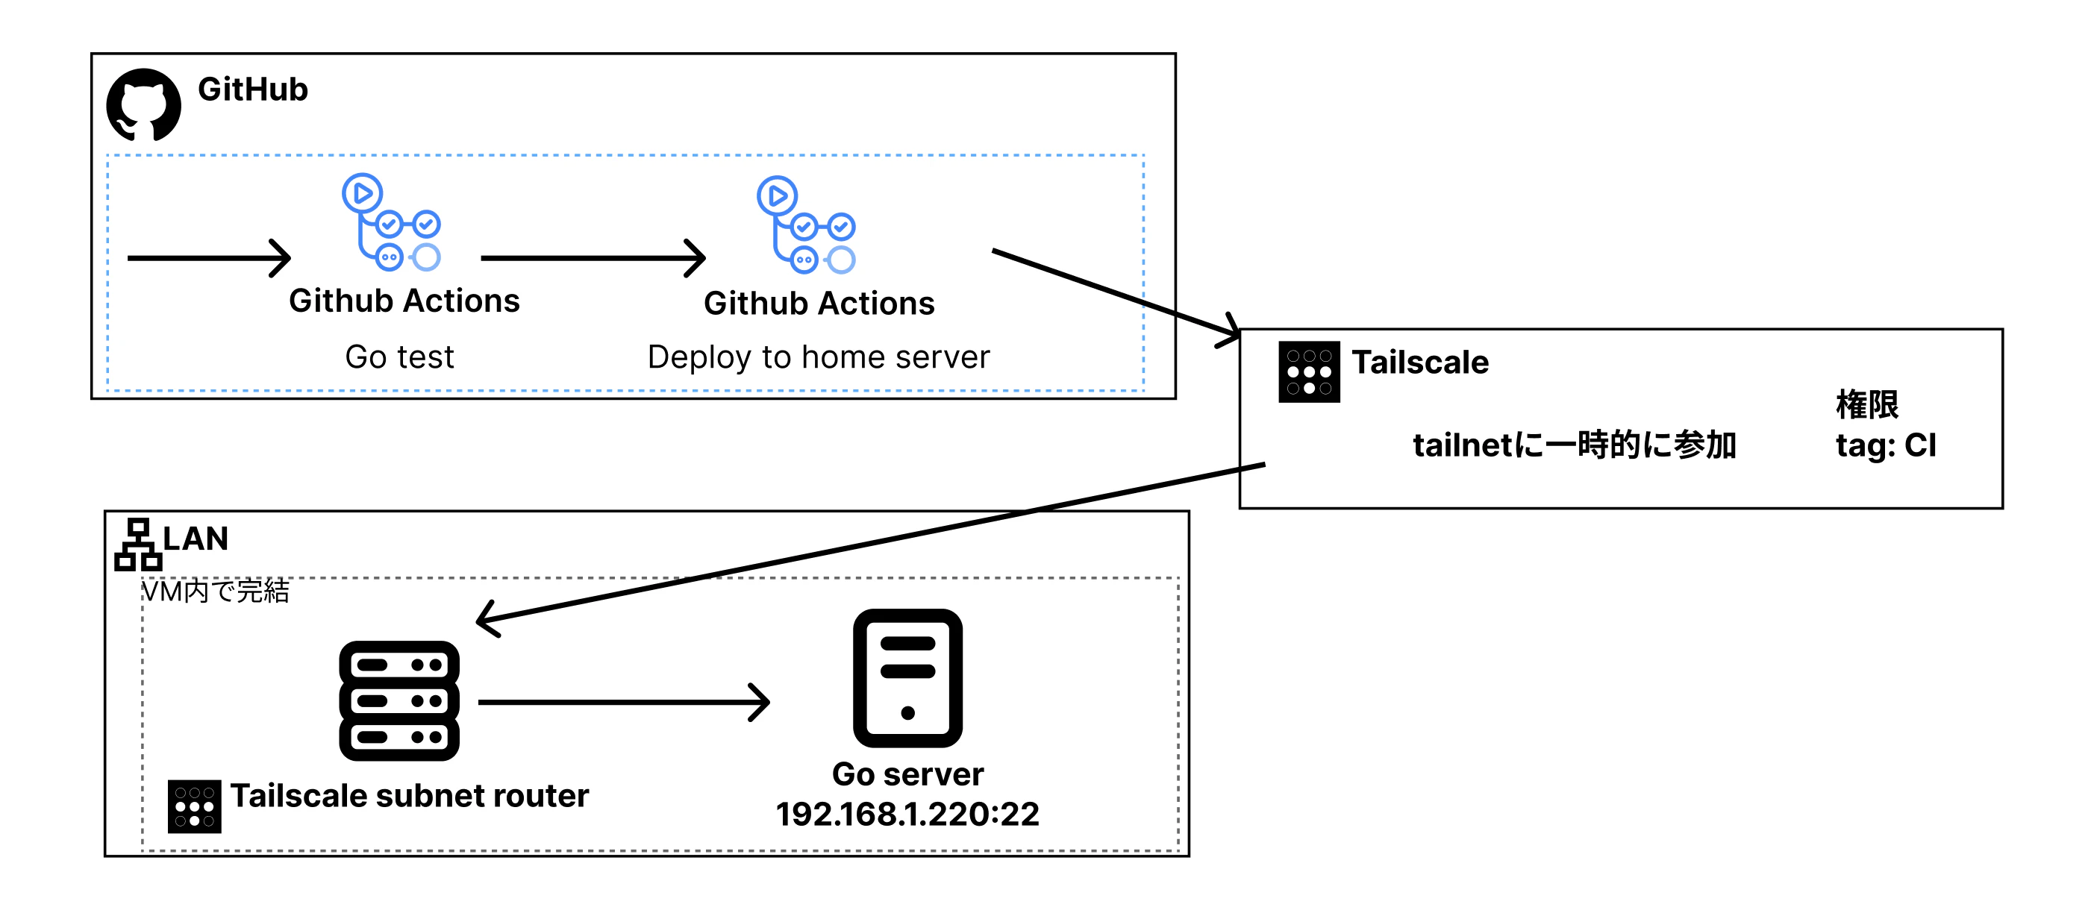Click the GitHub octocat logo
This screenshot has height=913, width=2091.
[144, 104]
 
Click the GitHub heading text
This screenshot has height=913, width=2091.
[252, 90]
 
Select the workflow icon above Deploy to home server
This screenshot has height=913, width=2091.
[806, 225]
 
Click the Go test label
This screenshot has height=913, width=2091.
[399, 357]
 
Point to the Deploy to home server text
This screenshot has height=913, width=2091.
[818, 357]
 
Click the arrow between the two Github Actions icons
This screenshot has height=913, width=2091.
[593, 258]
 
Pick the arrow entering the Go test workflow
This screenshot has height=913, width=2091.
[210, 258]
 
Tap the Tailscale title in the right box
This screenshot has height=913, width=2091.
[1421, 362]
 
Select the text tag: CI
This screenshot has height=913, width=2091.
[1886, 445]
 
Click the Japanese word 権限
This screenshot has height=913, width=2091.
[1867, 404]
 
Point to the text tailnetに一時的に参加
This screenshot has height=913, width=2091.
[1574, 445]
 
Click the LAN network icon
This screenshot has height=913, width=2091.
[138, 545]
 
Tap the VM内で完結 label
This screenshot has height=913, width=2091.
[215, 591]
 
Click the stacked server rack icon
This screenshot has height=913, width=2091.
[399, 701]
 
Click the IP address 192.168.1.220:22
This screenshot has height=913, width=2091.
[907, 814]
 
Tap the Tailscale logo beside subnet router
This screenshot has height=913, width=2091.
[194, 806]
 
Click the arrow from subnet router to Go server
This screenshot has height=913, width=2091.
[623, 702]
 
